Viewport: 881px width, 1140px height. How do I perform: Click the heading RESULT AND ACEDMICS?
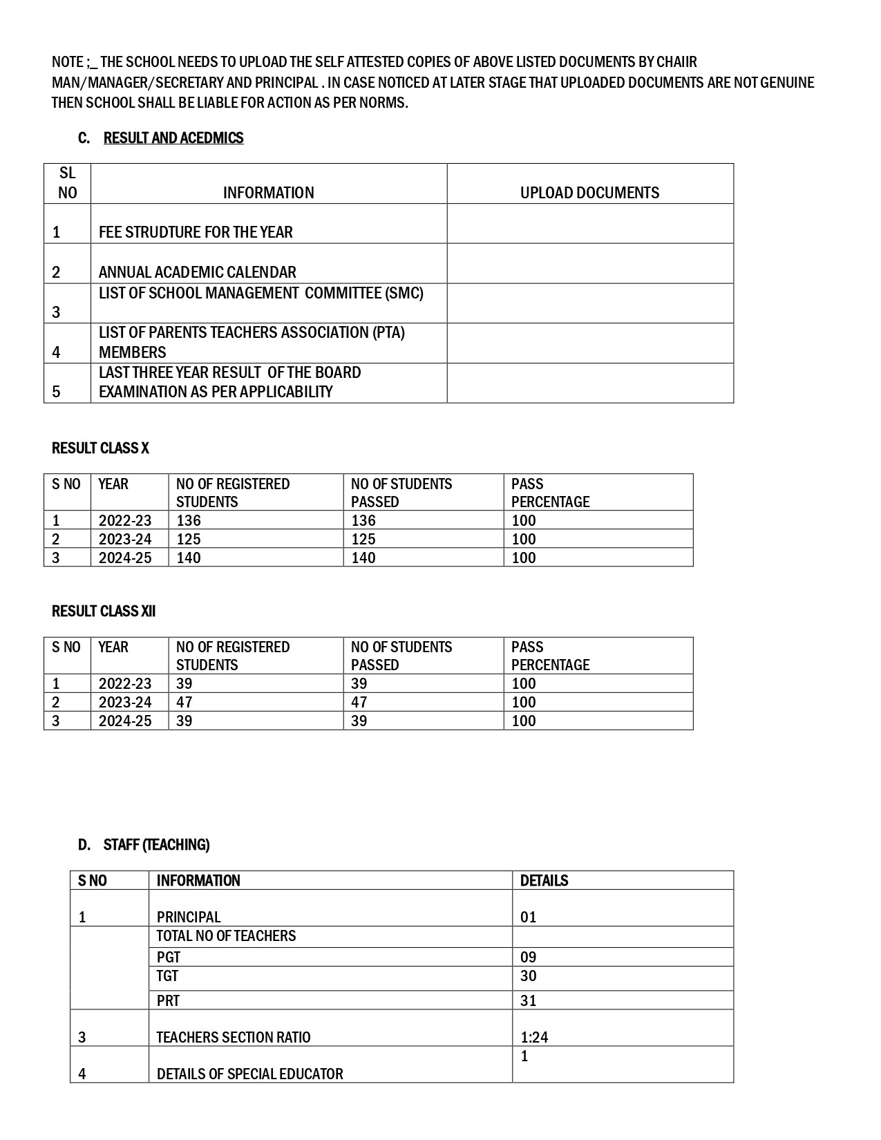[173, 138]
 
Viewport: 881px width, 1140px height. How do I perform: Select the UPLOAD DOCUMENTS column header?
[589, 193]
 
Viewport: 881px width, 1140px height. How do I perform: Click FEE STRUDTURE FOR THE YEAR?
[196, 232]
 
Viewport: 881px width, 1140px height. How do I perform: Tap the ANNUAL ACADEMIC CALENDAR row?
[197, 272]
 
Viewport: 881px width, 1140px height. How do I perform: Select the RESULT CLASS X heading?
[100, 448]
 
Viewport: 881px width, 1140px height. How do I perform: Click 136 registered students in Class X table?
[189, 520]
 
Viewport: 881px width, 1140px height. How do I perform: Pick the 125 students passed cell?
[363, 539]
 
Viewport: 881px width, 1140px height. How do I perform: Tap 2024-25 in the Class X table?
[125, 558]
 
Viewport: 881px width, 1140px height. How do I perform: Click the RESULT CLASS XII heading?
[104, 611]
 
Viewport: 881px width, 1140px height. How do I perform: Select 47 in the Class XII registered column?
[184, 702]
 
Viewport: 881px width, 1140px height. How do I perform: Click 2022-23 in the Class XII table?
[125, 683]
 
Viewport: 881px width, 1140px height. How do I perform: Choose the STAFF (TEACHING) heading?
[156, 845]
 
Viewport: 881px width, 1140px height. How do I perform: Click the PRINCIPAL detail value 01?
[529, 918]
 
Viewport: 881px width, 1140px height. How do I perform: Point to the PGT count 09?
[529, 958]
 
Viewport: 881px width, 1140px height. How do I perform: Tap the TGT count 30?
[529, 976]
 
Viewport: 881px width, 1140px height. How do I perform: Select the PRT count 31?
[529, 1000]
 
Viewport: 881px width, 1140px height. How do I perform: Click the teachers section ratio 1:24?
[534, 1037]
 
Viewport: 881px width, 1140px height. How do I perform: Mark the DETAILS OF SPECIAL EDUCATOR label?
[249, 1074]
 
